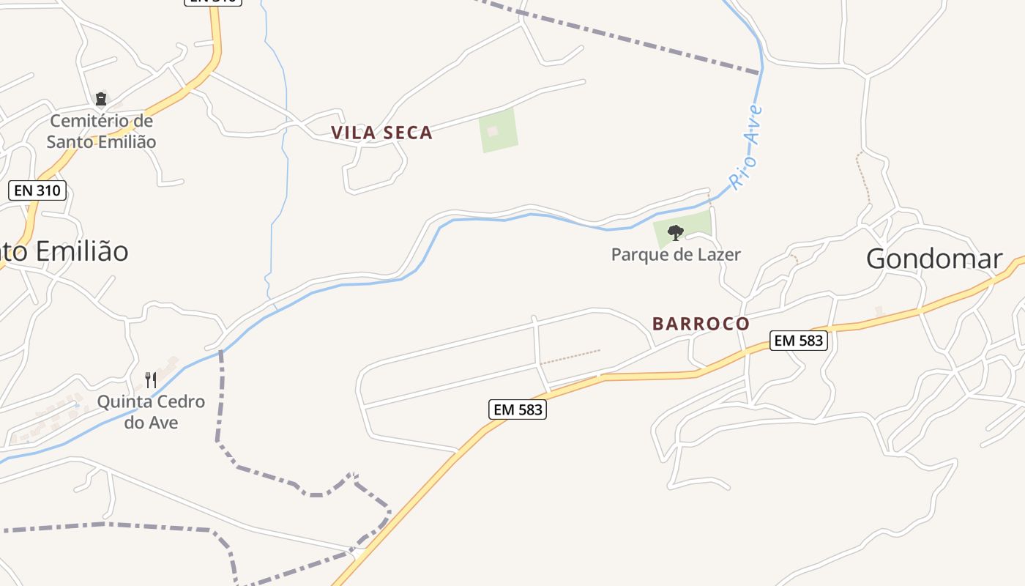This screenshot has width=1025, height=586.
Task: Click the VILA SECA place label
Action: tap(381, 133)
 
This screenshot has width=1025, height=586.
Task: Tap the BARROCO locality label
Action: tap(701, 324)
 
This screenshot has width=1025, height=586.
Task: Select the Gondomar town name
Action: tap(933, 259)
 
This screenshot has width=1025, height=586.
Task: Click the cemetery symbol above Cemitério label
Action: tap(101, 98)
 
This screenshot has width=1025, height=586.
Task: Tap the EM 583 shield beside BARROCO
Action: tap(798, 340)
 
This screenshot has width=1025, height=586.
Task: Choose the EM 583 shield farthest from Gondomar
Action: tap(517, 409)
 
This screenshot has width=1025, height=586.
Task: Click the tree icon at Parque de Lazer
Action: tap(675, 233)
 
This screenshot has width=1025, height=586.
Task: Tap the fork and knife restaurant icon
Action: tap(151, 379)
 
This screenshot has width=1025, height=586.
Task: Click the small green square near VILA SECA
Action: tap(499, 130)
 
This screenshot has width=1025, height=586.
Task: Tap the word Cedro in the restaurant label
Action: tap(179, 402)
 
